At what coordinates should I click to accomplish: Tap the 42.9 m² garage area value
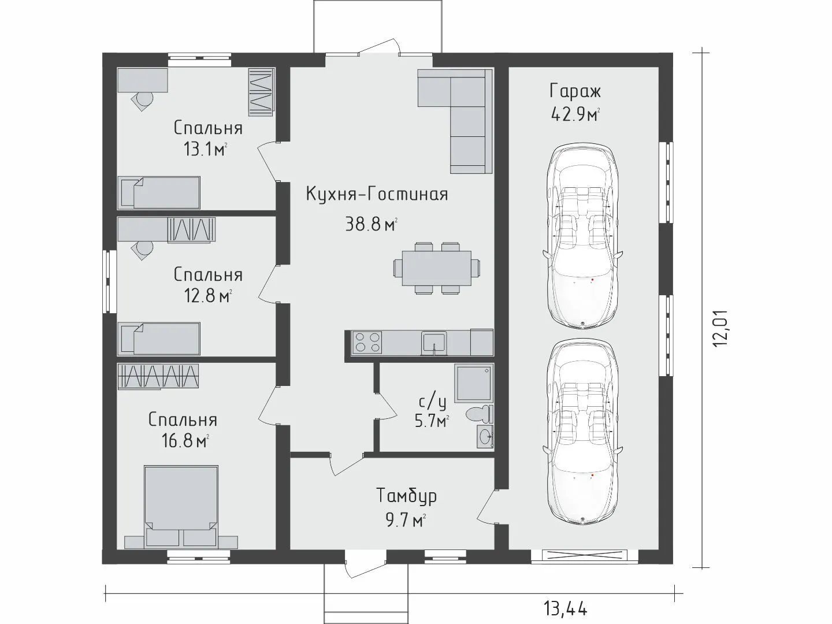click(575, 114)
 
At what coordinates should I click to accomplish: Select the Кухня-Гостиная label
click(377, 194)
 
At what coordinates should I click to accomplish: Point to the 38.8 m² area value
click(371, 224)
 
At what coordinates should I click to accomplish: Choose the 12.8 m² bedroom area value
click(208, 295)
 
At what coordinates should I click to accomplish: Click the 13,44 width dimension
click(566, 609)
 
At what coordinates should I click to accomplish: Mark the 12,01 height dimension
click(720, 328)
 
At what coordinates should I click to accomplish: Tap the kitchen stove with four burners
click(366, 342)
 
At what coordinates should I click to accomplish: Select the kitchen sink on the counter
click(434, 343)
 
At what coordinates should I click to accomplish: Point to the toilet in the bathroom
click(479, 414)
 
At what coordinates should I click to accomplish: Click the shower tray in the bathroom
click(474, 383)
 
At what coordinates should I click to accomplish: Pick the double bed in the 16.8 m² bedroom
click(181, 506)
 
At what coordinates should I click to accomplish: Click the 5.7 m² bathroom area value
click(432, 421)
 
